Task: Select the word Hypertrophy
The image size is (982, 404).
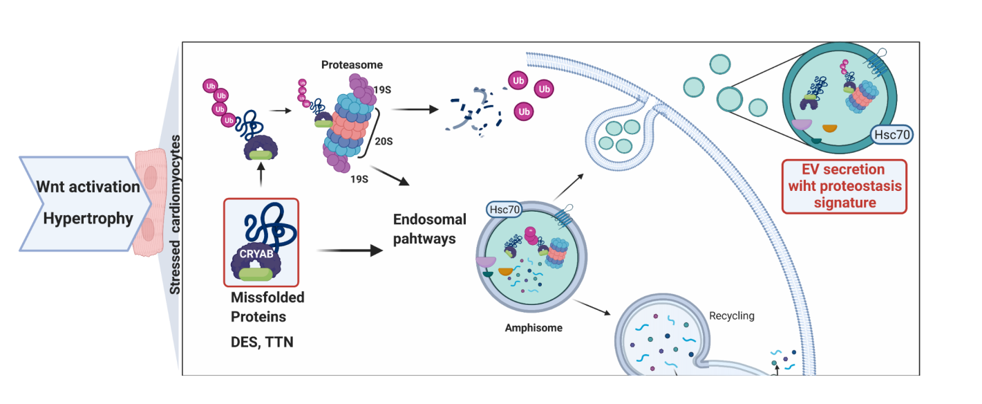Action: (x=88, y=219)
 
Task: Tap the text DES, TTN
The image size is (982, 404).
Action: (x=262, y=342)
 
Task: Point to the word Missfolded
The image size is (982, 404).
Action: (x=267, y=297)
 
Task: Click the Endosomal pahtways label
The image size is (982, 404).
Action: (x=429, y=229)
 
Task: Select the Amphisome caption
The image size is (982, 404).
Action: (x=534, y=328)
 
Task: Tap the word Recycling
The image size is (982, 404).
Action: (x=732, y=315)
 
